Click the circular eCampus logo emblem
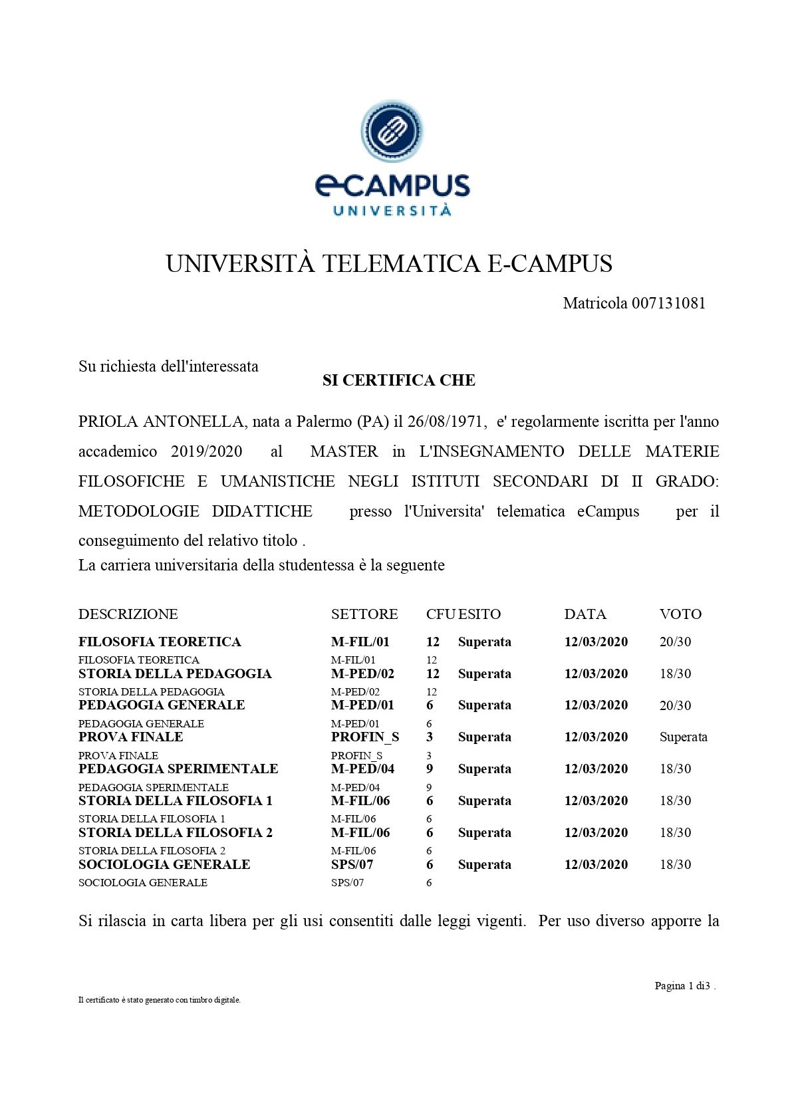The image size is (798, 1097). click(x=392, y=130)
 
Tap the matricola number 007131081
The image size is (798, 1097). click(x=668, y=303)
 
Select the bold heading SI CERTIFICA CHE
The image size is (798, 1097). click(x=399, y=380)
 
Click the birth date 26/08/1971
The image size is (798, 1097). click(x=447, y=422)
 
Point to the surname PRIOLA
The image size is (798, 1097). click(x=108, y=422)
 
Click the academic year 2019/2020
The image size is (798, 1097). click(x=207, y=451)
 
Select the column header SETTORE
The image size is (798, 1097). click(x=364, y=614)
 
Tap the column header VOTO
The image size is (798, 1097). click(x=680, y=614)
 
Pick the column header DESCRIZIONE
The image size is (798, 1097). click(x=128, y=614)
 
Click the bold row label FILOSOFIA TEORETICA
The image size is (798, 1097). click(x=160, y=642)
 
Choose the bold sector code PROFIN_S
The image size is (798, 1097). click(x=365, y=737)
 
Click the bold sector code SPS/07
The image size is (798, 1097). click(x=352, y=864)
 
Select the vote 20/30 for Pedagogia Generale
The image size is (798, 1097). click(x=675, y=705)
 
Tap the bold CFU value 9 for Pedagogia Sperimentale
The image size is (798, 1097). click(x=430, y=769)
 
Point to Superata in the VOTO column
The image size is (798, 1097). click(x=683, y=737)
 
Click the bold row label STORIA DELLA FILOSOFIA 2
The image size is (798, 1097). click(x=176, y=832)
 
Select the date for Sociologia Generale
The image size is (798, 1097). click(x=596, y=864)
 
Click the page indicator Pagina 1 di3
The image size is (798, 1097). click(x=684, y=985)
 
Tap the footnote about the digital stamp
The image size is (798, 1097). click(x=160, y=1000)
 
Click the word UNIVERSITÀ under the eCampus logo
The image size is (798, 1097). click(x=392, y=211)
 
